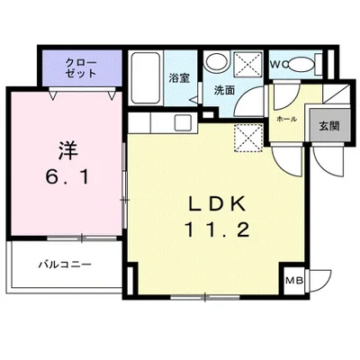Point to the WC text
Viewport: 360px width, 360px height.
click(x=279, y=64)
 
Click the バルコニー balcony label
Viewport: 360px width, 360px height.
click(x=62, y=265)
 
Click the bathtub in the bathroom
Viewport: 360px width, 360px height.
click(x=147, y=77)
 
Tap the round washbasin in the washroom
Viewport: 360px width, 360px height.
click(x=216, y=63)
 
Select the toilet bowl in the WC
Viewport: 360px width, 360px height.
click(x=306, y=64)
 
